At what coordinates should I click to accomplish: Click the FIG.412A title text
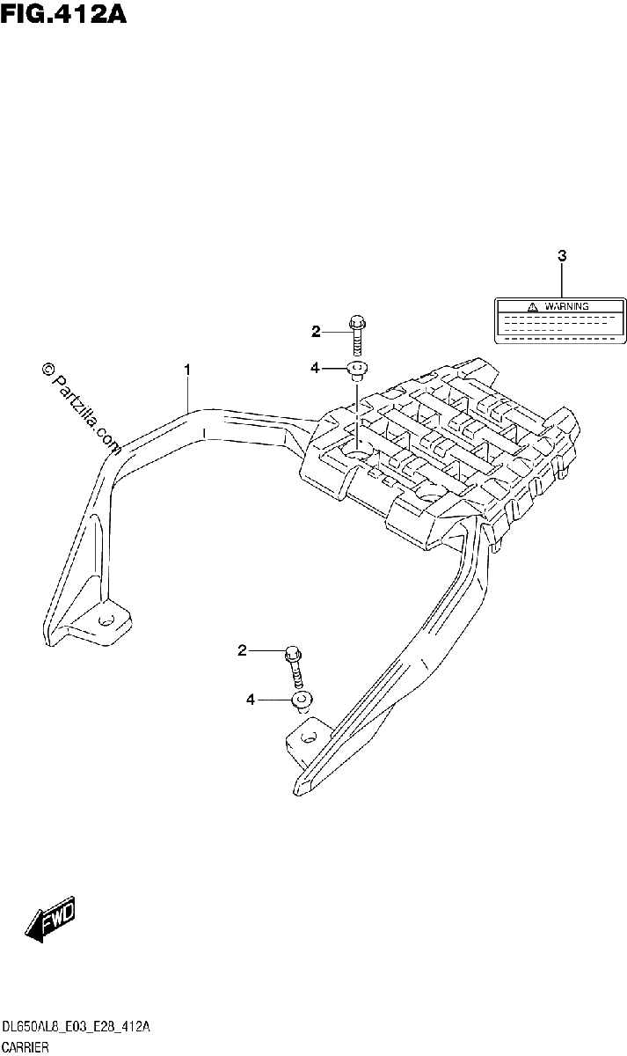click(x=63, y=13)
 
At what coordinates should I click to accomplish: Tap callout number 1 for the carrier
click(x=187, y=370)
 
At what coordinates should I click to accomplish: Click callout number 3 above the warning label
click(x=562, y=256)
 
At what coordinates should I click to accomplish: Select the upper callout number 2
click(x=316, y=332)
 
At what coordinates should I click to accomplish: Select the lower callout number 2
click(x=242, y=651)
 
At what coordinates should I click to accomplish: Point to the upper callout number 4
click(x=315, y=368)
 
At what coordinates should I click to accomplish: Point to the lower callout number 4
click(x=250, y=700)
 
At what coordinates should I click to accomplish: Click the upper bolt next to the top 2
click(x=357, y=335)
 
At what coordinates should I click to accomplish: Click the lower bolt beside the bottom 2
click(x=295, y=668)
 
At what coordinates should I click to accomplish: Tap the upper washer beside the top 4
click(x=357, y=370)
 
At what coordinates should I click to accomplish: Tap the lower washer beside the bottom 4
click(x=302, y=702)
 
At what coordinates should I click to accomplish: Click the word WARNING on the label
click(x=566, y=306)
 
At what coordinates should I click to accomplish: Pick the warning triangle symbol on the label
click(x=532, y=307)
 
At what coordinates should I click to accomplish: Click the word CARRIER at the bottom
click(x=25, y=1048)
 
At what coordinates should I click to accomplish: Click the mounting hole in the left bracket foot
click(x=106, y=620)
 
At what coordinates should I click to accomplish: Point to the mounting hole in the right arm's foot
click(x=309, y=737)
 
